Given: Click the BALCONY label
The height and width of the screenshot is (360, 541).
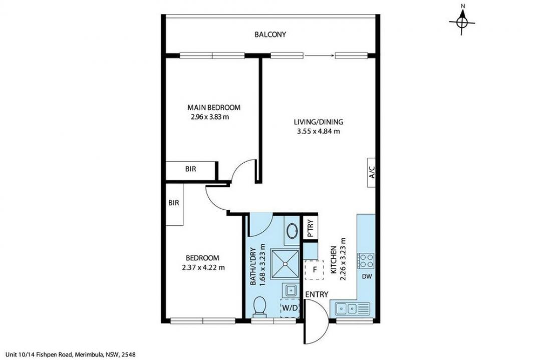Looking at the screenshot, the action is pyautogui.click(x=270, y=35).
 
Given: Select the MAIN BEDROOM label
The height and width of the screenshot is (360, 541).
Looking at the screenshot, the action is pyautogui.click(x=213, y=107).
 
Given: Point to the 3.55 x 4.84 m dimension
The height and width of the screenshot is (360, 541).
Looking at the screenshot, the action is pyautogui.click(x=319, y=131).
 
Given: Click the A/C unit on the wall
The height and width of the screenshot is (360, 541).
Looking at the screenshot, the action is pyautogui.click(x=371, y=172).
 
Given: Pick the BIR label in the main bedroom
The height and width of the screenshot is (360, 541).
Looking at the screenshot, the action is pyautogui.click(x=190, y=169).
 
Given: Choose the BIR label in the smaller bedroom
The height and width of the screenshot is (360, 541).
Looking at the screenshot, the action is pyautogui.click(x=173, y=203).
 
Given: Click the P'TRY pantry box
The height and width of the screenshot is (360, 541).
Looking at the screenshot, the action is pyautogui.click(x=310, y=227).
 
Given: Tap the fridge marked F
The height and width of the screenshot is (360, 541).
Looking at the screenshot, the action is pyautogui.click(x=314, y=270).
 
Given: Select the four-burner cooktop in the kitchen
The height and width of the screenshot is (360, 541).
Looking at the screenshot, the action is pyautogui.click(x=366, y=261).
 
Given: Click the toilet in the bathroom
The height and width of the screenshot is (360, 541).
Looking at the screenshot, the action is pyautogui.click(x=259, y=306).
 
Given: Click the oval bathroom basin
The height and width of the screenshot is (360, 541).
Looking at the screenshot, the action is pyautogui.click(x=293, y=230).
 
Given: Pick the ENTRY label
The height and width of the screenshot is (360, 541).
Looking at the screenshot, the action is pyautogui.click(x=317, y=294).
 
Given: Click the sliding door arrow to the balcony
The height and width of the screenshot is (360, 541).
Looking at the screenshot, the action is pyautogui.click(x=320, y=55).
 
